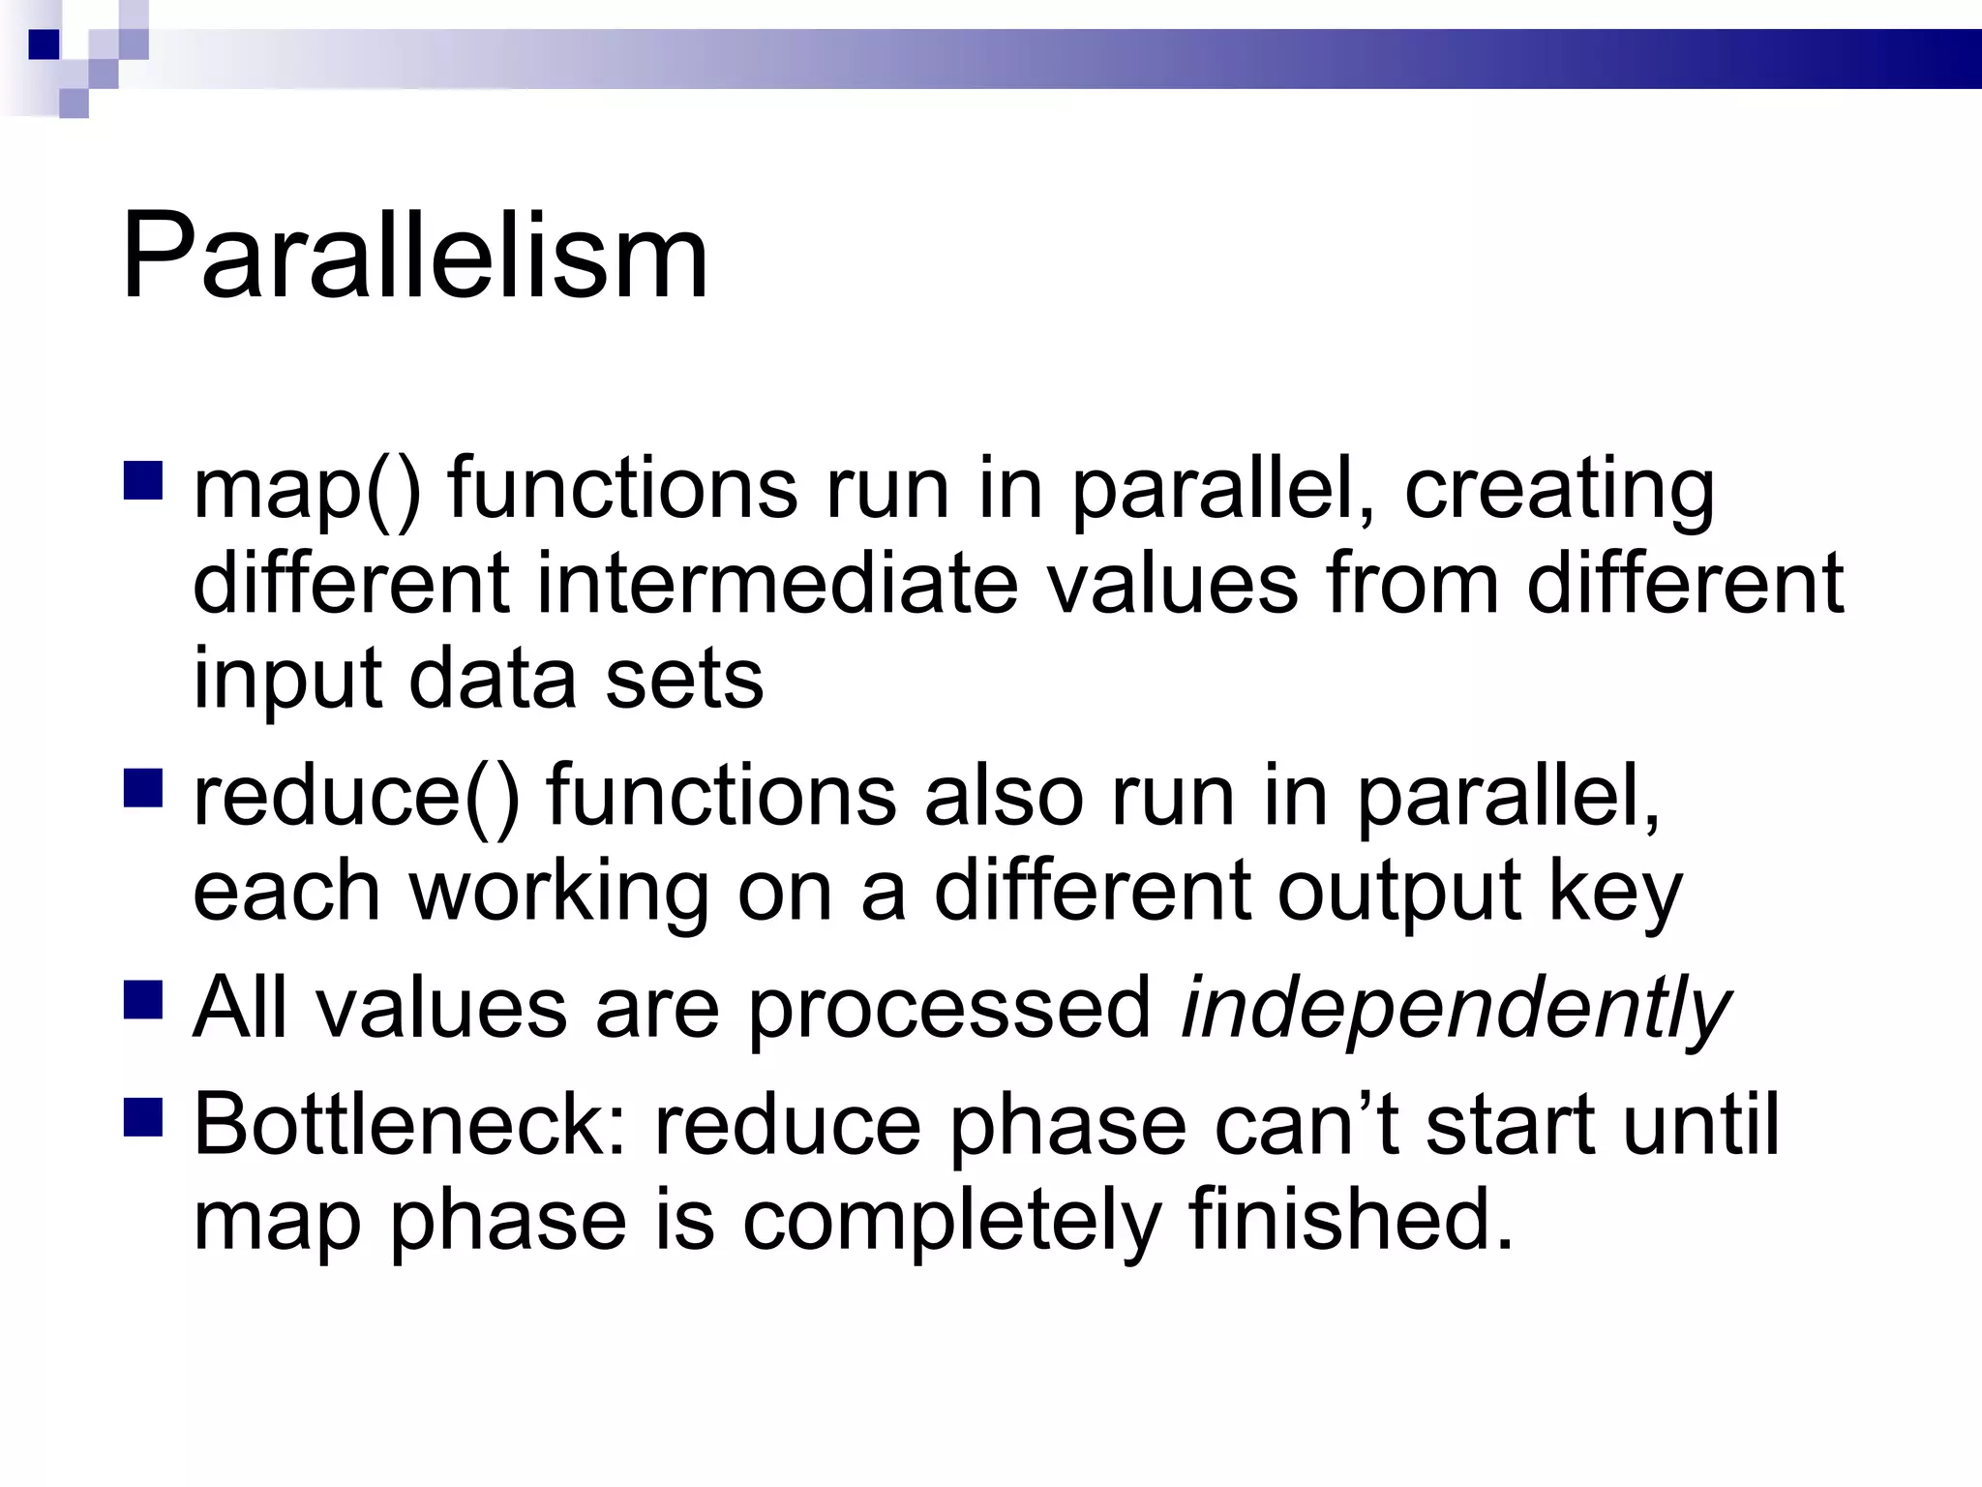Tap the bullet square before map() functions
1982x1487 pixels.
143,480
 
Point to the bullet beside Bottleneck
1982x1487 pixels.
143,1115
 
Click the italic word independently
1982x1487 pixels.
1455,1010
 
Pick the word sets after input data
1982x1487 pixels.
684,679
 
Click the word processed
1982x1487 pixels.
949,1010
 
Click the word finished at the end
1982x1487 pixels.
1350,1219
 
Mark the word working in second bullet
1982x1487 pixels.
559,893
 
